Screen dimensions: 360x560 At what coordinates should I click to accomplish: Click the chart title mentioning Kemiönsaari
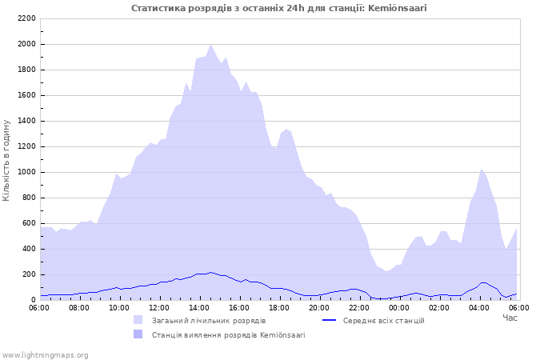(279, 8)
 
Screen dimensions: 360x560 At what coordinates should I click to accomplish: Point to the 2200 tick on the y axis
(26, 18)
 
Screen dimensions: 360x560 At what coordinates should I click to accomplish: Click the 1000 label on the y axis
(26, 172)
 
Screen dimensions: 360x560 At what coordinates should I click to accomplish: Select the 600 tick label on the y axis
(28, 223)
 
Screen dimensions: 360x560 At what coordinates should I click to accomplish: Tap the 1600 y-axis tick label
(26, 95)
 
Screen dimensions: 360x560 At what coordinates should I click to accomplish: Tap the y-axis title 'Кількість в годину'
(7, 160)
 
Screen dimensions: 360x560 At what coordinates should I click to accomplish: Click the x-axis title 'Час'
(510, 318)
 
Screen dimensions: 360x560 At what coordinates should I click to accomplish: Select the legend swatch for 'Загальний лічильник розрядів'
(138, 320)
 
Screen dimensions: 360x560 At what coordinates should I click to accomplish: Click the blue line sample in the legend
(329, 320)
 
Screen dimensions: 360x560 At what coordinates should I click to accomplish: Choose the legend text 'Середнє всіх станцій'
(383, 320)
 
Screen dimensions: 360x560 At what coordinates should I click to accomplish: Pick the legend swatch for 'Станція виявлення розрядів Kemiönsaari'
(138, 334)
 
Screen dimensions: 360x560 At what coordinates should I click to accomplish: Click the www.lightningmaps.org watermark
(45, 354)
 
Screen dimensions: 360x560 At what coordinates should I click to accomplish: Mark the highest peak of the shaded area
(210, 45)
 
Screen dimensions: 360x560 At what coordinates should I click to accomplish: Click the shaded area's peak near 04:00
(481, 169)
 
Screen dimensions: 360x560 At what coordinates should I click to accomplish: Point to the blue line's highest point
(210, 272)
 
